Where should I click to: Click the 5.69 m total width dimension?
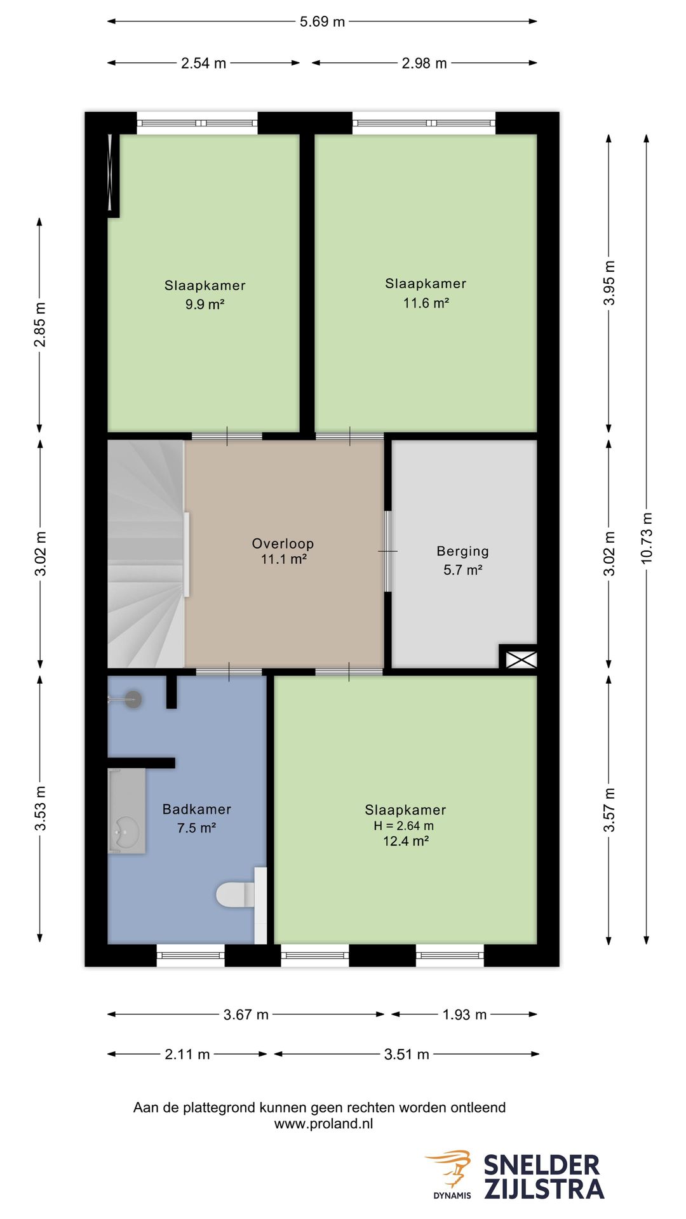click(322, 22)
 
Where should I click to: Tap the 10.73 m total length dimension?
click(647, 538)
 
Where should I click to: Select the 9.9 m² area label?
click(205, 305)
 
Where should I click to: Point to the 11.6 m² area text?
click(426, 303)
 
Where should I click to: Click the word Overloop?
click(283, 543)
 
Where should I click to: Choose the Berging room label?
click(462, 552)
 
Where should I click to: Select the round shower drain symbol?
click(132, 700)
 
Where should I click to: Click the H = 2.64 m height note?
click(404, 826)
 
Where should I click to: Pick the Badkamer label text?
click(197, 809)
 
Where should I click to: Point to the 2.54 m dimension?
click(203, 63)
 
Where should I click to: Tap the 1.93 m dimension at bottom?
click(464, 1015)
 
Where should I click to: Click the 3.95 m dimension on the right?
click(609, 283)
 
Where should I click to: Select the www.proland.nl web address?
click(323, 1123)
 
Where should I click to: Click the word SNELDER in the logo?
click(542, 1166)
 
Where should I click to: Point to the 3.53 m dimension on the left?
click(40, 808)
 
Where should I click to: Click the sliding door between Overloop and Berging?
click(387, 551)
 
